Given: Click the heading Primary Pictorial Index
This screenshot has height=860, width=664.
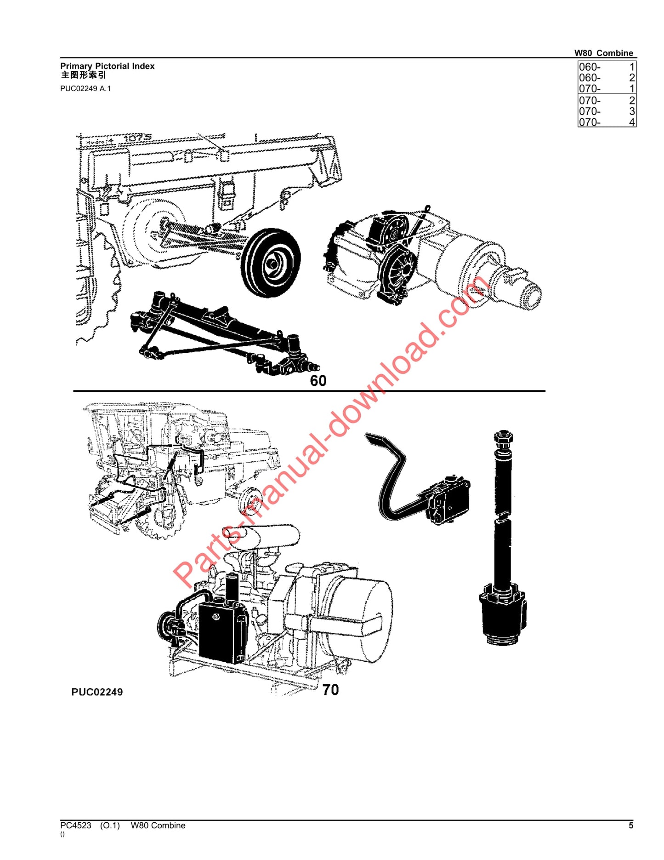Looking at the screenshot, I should tap(107, 66).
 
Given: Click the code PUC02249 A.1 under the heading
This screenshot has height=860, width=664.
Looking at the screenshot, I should tap(85, 88).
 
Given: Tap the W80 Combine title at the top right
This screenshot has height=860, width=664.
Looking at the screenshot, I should tap(603, 53).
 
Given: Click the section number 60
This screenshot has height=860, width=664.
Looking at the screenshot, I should tap(318, 381).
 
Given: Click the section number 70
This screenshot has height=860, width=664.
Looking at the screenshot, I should tap(330, 690).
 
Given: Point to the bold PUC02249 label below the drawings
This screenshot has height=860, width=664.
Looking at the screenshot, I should tap(97, 692).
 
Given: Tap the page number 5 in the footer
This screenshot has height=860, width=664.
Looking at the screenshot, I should tap(631, 826).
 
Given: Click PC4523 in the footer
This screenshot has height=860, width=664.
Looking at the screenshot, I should tap(76, 826).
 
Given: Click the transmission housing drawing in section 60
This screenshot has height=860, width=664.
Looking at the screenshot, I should tap(432, 262).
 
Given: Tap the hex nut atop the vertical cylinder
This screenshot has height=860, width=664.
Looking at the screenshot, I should tap(503, 439).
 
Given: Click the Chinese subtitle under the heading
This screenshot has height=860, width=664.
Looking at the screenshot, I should tap(83, 76).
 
